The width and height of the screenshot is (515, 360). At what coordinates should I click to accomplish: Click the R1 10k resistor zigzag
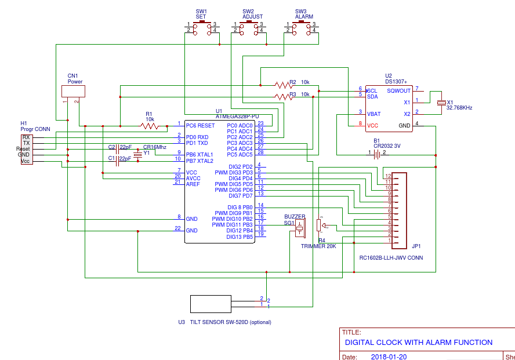click(150, 125)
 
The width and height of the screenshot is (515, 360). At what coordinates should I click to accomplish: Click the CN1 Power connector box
click(73, 91)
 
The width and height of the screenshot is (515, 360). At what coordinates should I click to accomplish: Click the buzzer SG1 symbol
click(299, 228)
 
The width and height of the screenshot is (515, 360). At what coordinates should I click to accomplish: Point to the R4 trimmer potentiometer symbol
click(318, 226)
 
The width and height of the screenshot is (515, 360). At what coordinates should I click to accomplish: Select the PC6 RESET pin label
click(200, 125)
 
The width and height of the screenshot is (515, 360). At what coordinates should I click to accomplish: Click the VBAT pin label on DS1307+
click(374, 114)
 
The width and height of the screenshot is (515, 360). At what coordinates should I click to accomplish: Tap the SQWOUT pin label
click(398, 90)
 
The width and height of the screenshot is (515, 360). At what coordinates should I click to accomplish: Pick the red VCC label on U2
click(372, 125)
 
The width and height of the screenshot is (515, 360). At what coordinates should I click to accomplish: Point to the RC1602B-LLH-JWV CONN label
click(390, 258)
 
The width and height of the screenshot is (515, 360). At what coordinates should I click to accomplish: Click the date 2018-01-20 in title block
click(389, 357)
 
